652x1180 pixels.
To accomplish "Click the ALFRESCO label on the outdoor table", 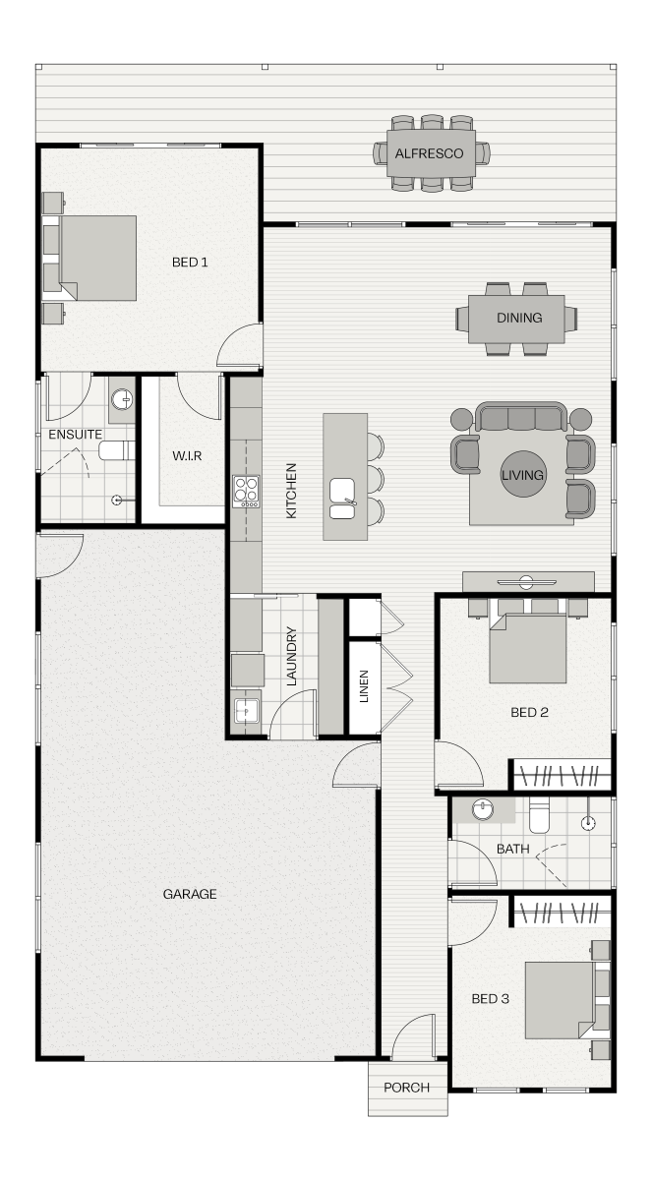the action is pos(429,153).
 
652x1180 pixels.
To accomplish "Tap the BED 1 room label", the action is pos(190,262).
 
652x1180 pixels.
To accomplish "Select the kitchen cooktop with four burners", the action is pos(246,492).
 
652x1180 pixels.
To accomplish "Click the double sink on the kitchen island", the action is pos(342,499).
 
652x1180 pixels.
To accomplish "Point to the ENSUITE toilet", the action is pos(117,451).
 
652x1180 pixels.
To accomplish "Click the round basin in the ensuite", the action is pos(122,400).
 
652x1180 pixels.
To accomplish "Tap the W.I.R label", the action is pos(187,455).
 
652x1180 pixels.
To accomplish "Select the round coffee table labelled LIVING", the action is pos(522,474).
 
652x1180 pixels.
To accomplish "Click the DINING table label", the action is pos(519,318).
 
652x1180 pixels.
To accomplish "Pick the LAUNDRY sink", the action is pos(247,711).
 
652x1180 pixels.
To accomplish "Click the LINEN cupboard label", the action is pos(364,686).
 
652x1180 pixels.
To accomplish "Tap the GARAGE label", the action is pos(190,894).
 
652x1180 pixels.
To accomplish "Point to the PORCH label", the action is pos(406,1088).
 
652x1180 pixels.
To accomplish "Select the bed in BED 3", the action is pos(567,1000).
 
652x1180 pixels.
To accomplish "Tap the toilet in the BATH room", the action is pos(539,815).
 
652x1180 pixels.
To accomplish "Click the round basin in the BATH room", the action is pos(483,809).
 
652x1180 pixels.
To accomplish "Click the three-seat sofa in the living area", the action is pos(521,417).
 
